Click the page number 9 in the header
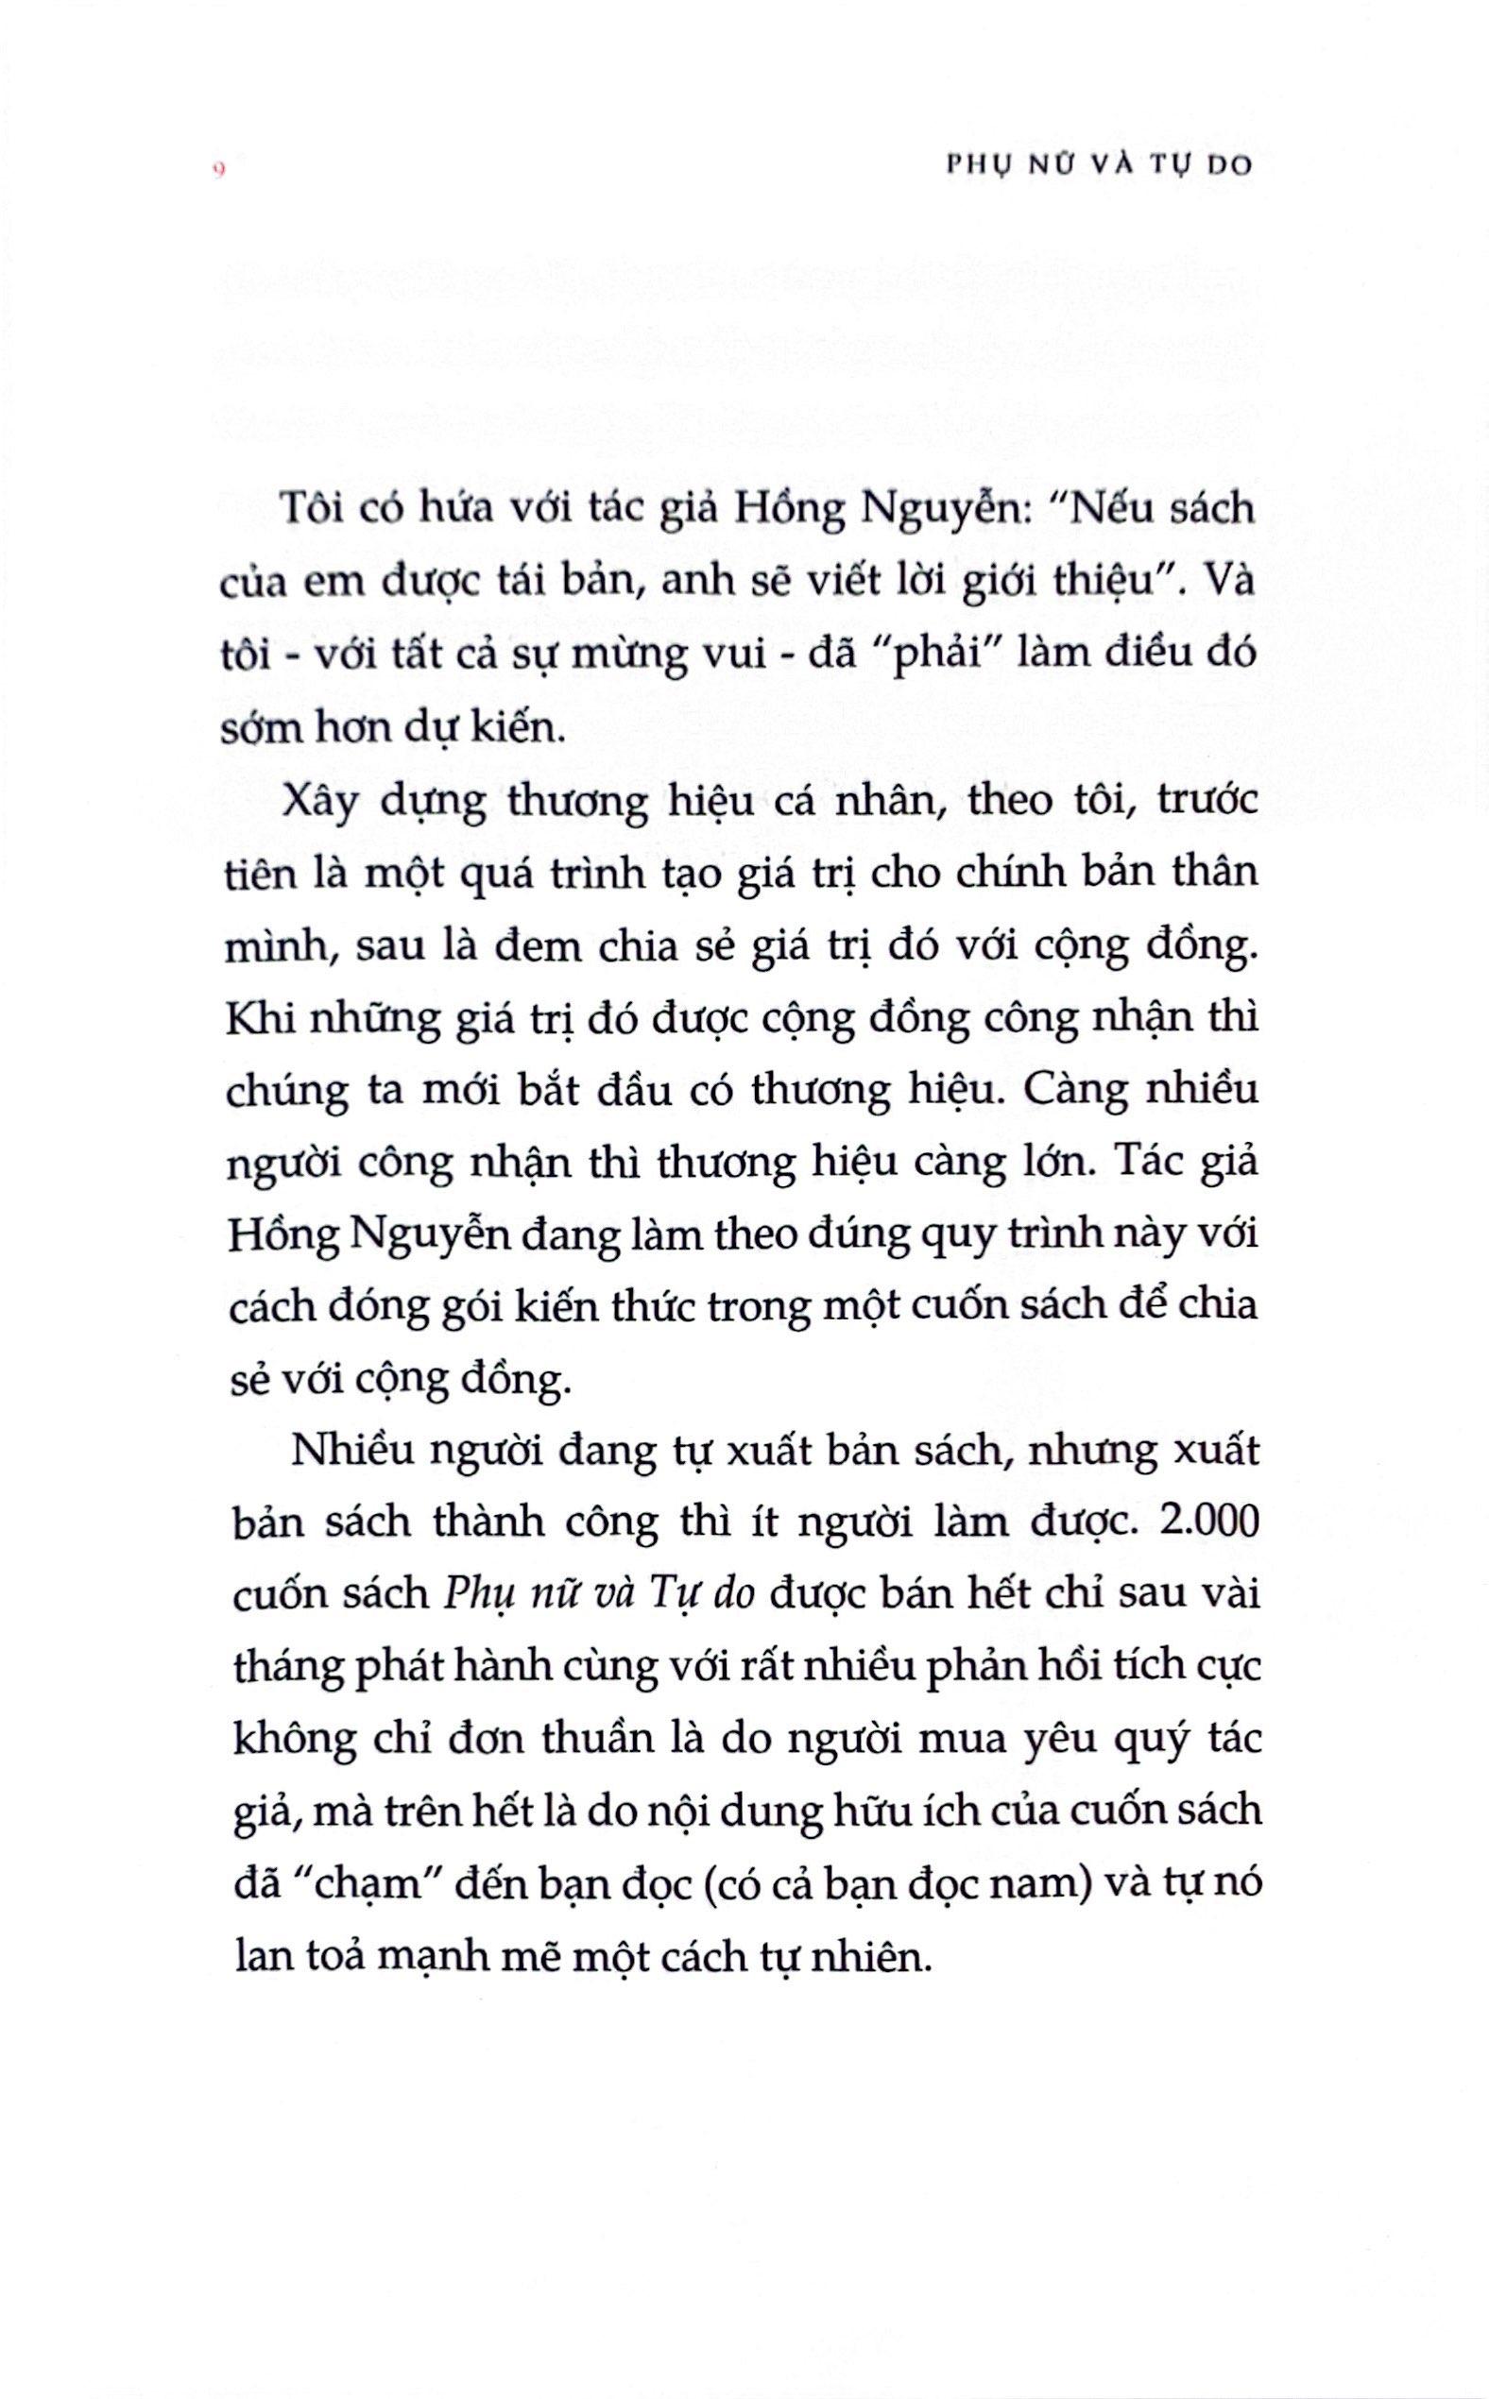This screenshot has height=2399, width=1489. point(219,168)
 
